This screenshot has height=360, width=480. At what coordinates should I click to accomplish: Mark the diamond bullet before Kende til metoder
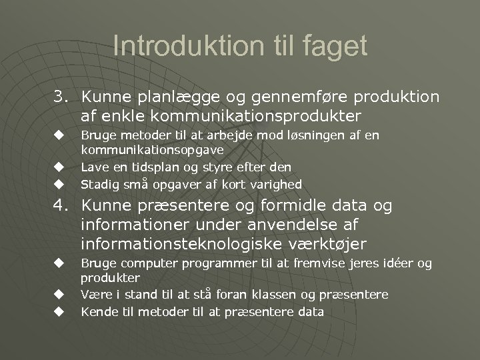click(59, 311)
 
